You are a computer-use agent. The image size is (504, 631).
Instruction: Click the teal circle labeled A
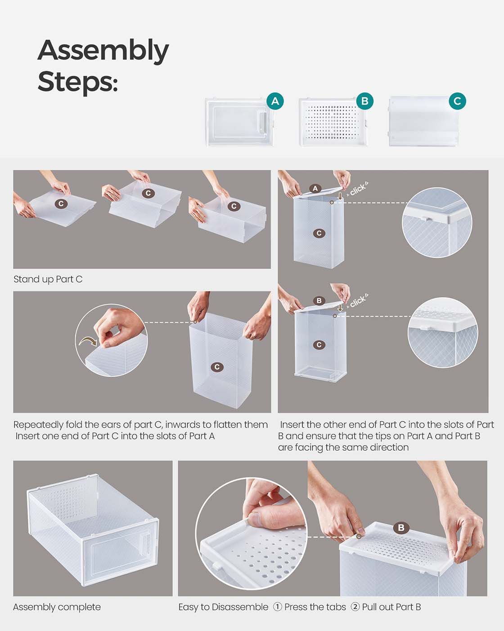click(x=275, y=101)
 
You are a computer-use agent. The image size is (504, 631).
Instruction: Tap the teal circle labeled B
click(x=364, y=101)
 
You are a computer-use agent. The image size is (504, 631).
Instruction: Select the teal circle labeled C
click(x=457, y=101)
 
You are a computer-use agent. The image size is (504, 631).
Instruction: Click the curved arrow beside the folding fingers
click(x=88, y=341)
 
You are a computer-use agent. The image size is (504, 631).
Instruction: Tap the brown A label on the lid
click(x=315, y=188)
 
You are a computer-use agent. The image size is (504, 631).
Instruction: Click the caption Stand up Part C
click(x=48, y=279)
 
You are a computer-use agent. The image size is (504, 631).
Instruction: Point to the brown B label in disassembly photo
click(x=401, y=528)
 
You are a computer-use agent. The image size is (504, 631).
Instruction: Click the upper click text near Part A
click(x=358, y=189)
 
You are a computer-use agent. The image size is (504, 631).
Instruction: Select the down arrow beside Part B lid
click(x=340, y=307)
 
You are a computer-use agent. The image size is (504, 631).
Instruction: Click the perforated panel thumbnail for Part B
click(x=333, y=122)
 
